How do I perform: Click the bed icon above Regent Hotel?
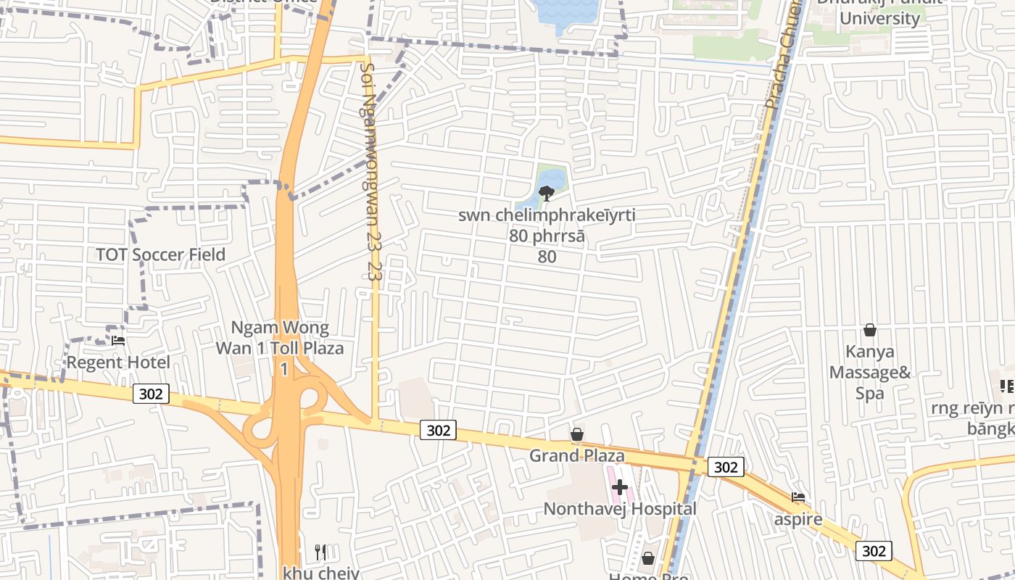[118, 339]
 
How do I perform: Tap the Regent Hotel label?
[118, 362]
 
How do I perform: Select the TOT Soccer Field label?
[161, 254]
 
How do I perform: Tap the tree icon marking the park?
[547, 193]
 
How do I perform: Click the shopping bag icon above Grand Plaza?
[577, 434]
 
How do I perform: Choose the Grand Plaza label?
[577, 456]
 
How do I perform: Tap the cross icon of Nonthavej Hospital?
[620, 487]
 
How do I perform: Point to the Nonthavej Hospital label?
[620, 509]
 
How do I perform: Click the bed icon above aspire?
[798, 497]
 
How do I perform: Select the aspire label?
[798, 519]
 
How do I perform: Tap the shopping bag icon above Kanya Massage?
[870, 331]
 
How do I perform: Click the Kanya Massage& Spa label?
[870, 373]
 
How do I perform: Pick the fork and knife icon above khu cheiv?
[320, 552]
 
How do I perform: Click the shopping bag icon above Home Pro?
[648, 558]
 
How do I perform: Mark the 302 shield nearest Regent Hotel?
[151, 394]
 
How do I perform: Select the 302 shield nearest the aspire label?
[874, 551]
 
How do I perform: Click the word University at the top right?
[879, 18]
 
